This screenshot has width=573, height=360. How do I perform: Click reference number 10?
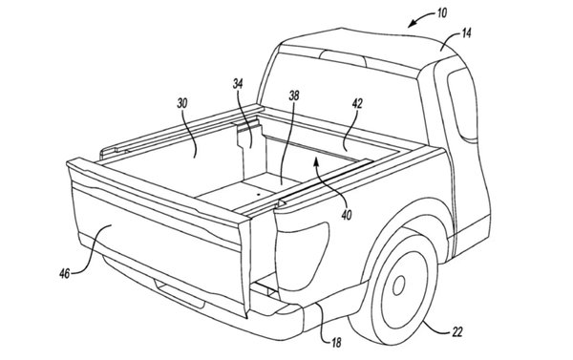pyautogui.click(x=442, y=13)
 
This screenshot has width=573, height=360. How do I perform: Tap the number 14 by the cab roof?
pyautogui.click(x=466, y=33)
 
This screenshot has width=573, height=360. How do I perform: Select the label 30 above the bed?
pyautogui.click(x=182, y=103)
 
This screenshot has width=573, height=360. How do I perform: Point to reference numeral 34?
pyautogui.click(x=238, y=84)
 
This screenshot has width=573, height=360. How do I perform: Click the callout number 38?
pyautogui.click(x=294, y=95)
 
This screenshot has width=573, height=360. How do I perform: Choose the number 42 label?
pyautogui.click(x=357, y=104)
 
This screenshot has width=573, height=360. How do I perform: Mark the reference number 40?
pyautogui.click(x=347, y=215)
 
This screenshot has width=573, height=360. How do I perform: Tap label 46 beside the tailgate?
pyautogui.click(x=64, y=274)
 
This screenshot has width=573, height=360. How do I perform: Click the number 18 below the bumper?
pyautogui.click(x=336, y=343)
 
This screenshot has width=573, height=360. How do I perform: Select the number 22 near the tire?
pyautogui.click(x=457, y=332)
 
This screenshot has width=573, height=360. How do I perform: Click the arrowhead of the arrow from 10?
pyautogui.click(x=412, y=25)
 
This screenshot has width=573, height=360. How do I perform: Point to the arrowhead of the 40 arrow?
pyautogui.click(x=316, y=160)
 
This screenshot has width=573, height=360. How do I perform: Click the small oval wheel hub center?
pyautogui.click(x=398, y=286)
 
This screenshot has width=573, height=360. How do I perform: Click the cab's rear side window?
pyautogui.click(x=462, y=104)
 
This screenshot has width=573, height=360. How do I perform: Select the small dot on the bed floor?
pyautogui.click(x=258, y=195)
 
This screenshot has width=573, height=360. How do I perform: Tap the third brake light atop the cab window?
pyautogui.click(x=343, y=58)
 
